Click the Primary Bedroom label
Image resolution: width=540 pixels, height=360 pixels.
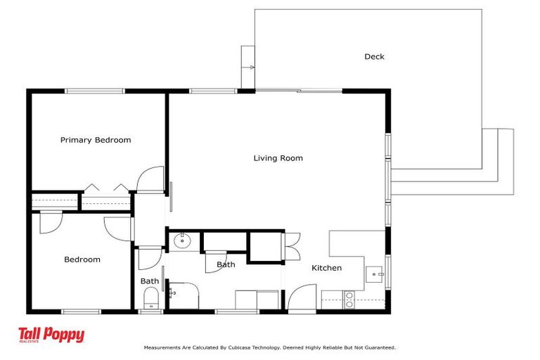96,140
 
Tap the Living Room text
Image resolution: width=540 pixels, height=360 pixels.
278,158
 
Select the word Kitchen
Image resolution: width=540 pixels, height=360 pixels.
326,268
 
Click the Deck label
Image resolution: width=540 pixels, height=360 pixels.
374,57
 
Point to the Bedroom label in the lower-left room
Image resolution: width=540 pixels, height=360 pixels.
82,259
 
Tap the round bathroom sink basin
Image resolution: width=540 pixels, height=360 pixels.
182,241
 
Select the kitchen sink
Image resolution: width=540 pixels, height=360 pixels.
375,273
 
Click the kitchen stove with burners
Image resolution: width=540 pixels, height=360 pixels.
348,301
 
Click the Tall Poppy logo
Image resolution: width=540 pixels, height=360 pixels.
51,335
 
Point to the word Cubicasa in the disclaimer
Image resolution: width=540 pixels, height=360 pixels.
238,347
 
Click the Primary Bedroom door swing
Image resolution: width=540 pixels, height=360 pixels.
150,180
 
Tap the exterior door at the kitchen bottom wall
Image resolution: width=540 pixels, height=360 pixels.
302,298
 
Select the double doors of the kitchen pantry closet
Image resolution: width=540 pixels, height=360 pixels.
292,247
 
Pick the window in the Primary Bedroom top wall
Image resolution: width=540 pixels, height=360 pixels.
94,91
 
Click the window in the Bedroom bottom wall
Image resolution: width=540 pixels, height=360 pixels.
81,311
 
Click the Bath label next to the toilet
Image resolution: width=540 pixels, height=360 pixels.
149,281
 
